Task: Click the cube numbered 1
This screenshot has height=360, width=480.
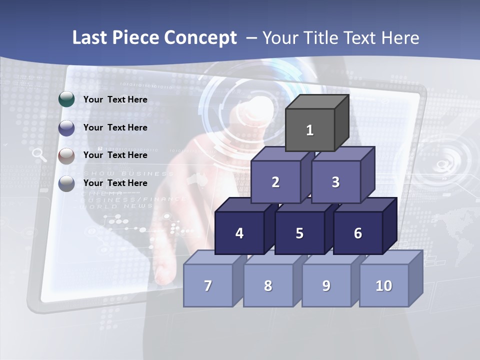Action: click(310, 130)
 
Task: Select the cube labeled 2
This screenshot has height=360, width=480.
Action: click(275, 182)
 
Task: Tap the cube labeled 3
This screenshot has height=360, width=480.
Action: click(335, 182)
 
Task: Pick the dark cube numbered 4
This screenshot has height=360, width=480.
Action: click(239, 233)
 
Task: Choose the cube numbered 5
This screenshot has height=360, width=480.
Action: click(299, 233)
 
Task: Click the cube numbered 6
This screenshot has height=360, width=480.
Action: click(357, 233)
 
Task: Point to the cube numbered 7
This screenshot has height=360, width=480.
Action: click(208, 285)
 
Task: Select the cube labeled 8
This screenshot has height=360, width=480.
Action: click(268, 285)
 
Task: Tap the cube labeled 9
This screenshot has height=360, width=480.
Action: click(326, 285)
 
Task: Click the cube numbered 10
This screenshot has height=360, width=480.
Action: click(384, 285)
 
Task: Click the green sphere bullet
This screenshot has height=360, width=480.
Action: click(66, 99)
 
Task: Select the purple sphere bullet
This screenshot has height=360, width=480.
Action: click(66, 128)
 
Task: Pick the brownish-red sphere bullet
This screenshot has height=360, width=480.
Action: click(66, 156)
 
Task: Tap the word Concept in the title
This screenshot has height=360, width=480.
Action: click(200, 38)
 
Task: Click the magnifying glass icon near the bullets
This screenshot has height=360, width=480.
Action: click(39, 155)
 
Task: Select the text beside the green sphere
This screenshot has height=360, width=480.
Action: click(115, 99)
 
